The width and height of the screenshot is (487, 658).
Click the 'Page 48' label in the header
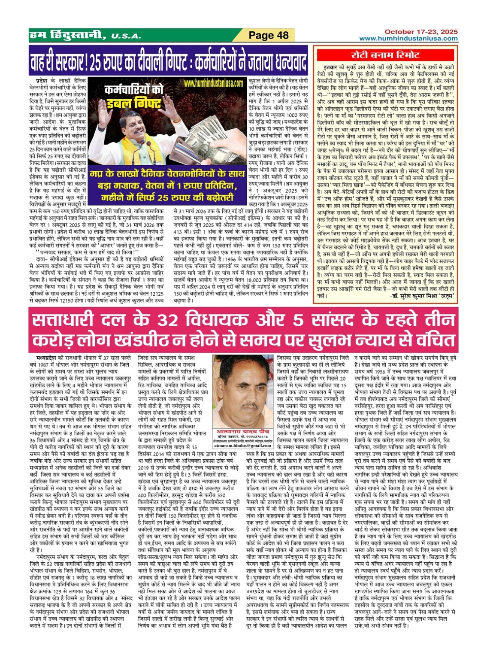click(269, 35)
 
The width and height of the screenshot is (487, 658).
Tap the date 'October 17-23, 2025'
click(420, 32)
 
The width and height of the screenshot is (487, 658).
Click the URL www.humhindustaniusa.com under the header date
click(408, 39)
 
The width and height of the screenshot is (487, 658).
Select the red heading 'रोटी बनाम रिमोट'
click(386, 55)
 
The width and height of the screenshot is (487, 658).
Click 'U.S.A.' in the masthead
click(126, 36)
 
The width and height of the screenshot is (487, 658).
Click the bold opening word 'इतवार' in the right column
click(331, 67)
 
